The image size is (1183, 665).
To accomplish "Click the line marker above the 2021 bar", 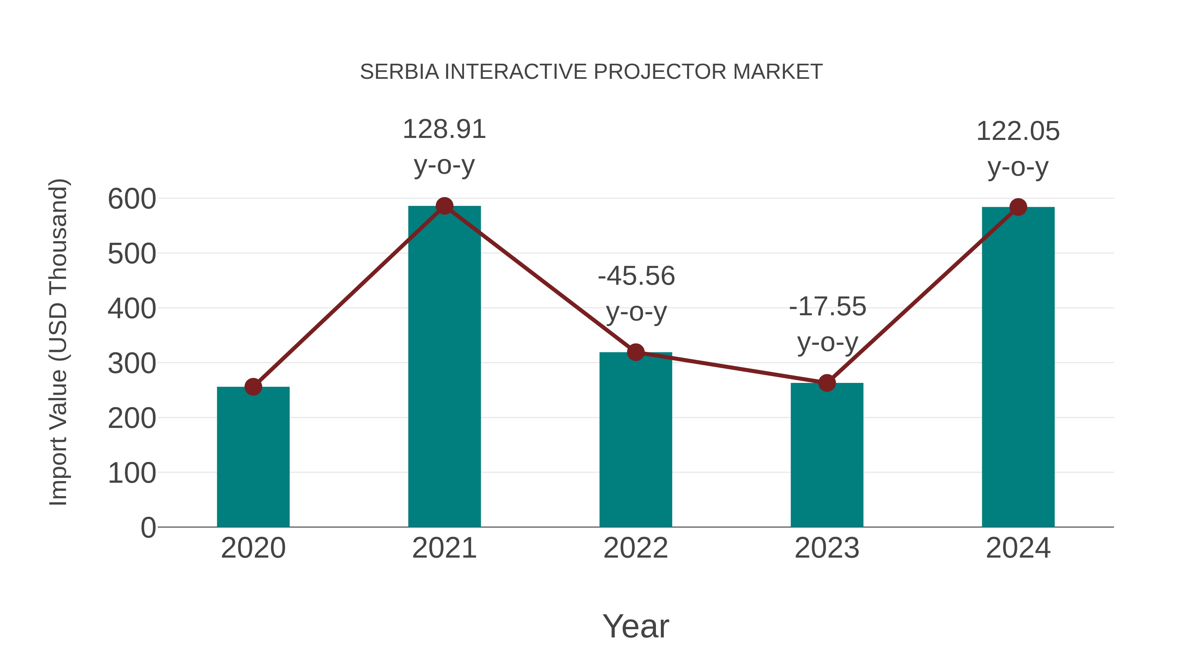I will pyautogui.click(x=444, y=206).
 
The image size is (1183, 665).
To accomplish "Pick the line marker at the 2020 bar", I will pyautogui.click(x=253, y=387).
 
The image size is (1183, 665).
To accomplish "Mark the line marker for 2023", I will pyautogui.click(x=827, y=383).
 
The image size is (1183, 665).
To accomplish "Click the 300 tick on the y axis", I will pyautogui.click(x=132, y=364).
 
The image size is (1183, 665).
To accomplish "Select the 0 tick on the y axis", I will pyautogui.click(x=148, y=527).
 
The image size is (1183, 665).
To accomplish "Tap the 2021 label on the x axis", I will pyautogui.click(x=444, y=548).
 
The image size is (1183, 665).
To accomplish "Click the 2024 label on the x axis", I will pyautogui.click(x=1018, y=548).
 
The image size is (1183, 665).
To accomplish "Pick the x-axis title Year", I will pyautogui.click(x=636, y=626).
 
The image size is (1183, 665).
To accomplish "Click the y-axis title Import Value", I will pyautogui.click(x=59, y=342).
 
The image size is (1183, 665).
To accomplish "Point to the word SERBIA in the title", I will pyautogui.click(x=399, y=72).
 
